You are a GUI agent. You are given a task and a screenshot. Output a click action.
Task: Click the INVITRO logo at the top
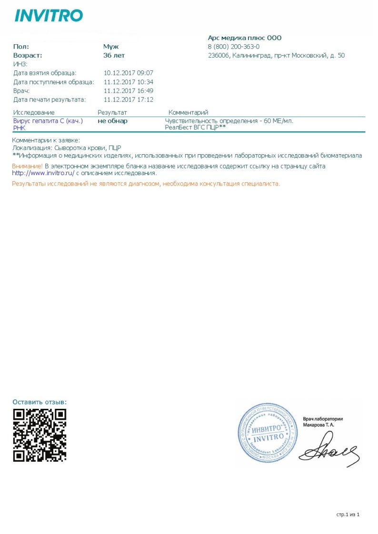pyautogui.click(x=49, y=16)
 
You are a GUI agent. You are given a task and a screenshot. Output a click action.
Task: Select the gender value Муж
pyautogui.click(x=111, y=47)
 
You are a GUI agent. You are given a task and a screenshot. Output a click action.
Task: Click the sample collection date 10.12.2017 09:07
pyautogui.click(x=128, y=73)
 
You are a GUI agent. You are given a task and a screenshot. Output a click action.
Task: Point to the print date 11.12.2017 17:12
pyautogui.click(x=128, y=99)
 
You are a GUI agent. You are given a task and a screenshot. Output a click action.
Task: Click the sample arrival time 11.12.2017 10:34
pyautogui.click(x=128, y=82)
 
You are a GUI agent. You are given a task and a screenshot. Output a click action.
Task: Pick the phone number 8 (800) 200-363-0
pyautogui.click(x=234, y=47)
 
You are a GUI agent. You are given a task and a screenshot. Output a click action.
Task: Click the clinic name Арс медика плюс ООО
pyautogui.click(x=245, y=38)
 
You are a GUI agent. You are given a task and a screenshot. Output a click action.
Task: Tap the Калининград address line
pyautogui.click(x=276, y=56)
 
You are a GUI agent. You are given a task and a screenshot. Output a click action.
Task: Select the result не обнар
pyautogui.click(x=113, y=121)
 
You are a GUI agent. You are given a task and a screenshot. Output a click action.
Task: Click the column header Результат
pyautogui.click(x=112, y=112)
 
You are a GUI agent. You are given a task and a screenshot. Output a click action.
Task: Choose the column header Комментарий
pyautogui.click(x=188, y=112)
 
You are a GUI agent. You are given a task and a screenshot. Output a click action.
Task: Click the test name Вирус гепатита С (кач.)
pyautogui.click(x=48, y=121)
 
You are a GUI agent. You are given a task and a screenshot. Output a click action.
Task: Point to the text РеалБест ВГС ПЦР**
pyautogui.click(x=195, y=128)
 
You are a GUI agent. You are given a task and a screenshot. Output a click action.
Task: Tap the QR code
pyautogui.click(x=40, y=435)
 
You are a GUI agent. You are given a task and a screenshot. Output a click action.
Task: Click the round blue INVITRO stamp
pyautogui.click(x=267, y=433)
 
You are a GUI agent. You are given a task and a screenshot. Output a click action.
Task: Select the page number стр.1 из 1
pyautogui.click(x=348, y=514)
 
